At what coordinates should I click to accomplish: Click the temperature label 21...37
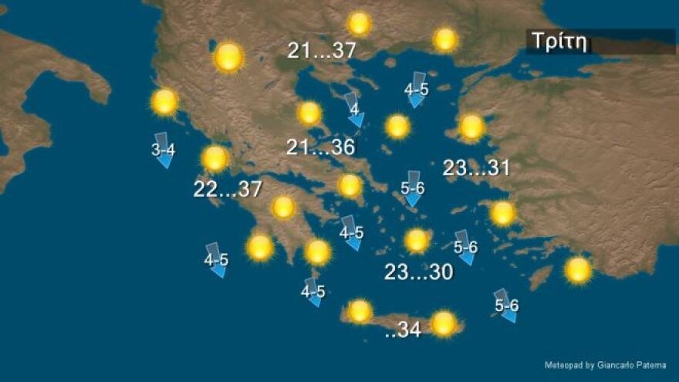pos(322,51)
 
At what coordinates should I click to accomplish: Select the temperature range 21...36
pos(320,147)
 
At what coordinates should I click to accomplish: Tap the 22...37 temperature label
pos(228,189)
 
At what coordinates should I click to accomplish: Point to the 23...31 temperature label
pos(477,168)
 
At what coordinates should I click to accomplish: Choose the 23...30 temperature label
pos(418,272)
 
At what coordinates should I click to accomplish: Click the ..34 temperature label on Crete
pos(402,330)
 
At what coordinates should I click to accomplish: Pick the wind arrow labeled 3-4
pos(164,150)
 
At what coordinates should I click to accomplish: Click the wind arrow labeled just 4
pos(354,110)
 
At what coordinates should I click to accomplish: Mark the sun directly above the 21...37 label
pos(359,23)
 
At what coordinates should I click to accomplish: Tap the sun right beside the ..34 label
pos(444,323)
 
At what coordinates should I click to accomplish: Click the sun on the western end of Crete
pos(360,311)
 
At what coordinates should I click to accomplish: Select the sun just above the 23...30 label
pos(417,241)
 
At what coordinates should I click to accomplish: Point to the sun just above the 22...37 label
pos(215,159)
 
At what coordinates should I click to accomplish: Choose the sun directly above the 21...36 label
pos(309,113)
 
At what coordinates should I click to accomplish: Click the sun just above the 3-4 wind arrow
pos(165,102)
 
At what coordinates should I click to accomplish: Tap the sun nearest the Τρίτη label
pos(445,39)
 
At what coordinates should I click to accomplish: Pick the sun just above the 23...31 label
pos(471,127)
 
